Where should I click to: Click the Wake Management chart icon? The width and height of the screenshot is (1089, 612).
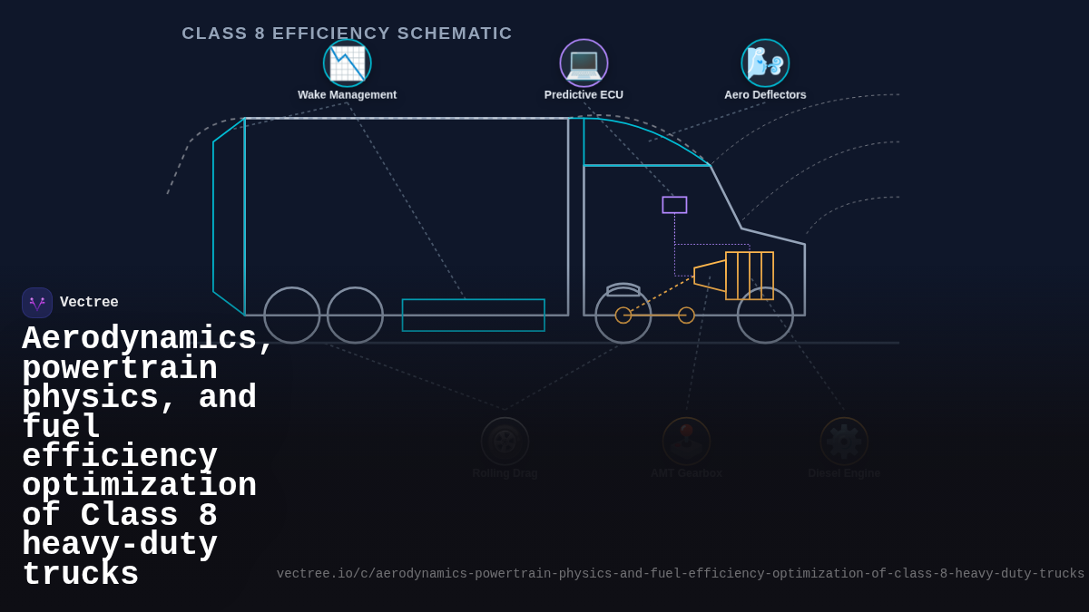click(348, 63)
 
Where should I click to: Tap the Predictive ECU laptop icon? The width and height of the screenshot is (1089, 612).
click(584, 63)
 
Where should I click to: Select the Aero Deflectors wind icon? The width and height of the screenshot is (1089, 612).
click(765, 63)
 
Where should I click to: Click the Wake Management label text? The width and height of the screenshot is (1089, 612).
click(347, 95)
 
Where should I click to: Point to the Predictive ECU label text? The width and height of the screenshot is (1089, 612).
click(584, 95)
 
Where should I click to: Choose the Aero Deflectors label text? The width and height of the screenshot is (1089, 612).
click(765, 95)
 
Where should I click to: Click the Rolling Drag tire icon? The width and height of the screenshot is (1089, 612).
click(505, 442)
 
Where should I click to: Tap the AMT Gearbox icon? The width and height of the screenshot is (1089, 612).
click(686, 442)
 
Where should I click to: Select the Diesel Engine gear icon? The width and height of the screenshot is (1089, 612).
click(844, 442)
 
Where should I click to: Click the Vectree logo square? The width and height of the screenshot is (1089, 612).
click(37, 303)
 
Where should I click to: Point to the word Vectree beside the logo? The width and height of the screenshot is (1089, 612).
click(89, 303)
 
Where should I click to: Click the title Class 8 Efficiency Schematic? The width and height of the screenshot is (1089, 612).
click(347, 34)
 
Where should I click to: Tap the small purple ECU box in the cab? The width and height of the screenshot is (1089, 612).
click(674, 205)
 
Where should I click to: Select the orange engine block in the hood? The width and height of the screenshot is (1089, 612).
click(750, 276)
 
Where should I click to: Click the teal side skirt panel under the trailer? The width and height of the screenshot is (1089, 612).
click(473, 316)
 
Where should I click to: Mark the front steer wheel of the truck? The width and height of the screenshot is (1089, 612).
click(765, 316)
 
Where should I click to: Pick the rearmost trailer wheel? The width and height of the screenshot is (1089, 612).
click(291, 316)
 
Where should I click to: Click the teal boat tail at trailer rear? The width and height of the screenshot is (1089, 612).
click(228, 218)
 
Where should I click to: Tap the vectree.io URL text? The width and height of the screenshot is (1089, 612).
click(680, 574)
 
